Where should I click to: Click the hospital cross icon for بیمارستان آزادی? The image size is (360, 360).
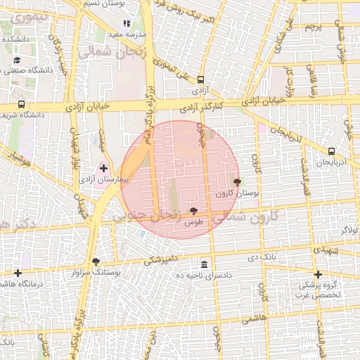coord(104,168)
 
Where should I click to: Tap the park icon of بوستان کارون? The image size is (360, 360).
coord(236,181)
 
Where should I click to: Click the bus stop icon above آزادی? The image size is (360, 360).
coord(201,79)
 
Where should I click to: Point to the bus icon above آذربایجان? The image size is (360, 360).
coord(331,151)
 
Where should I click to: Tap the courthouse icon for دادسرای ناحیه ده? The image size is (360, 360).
coord(204,264)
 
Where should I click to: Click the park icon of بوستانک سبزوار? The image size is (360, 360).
coord(96,262)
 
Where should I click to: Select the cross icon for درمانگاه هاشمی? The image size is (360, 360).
coord(18,273)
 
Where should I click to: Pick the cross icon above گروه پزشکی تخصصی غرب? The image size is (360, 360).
coord(318,274)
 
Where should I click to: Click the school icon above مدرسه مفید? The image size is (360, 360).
coord(127,24)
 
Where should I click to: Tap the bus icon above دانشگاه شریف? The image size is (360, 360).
coord(20,104)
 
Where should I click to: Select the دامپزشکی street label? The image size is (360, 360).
coord(160,259)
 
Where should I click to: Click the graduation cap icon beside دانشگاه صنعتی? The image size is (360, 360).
coord(15,59)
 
